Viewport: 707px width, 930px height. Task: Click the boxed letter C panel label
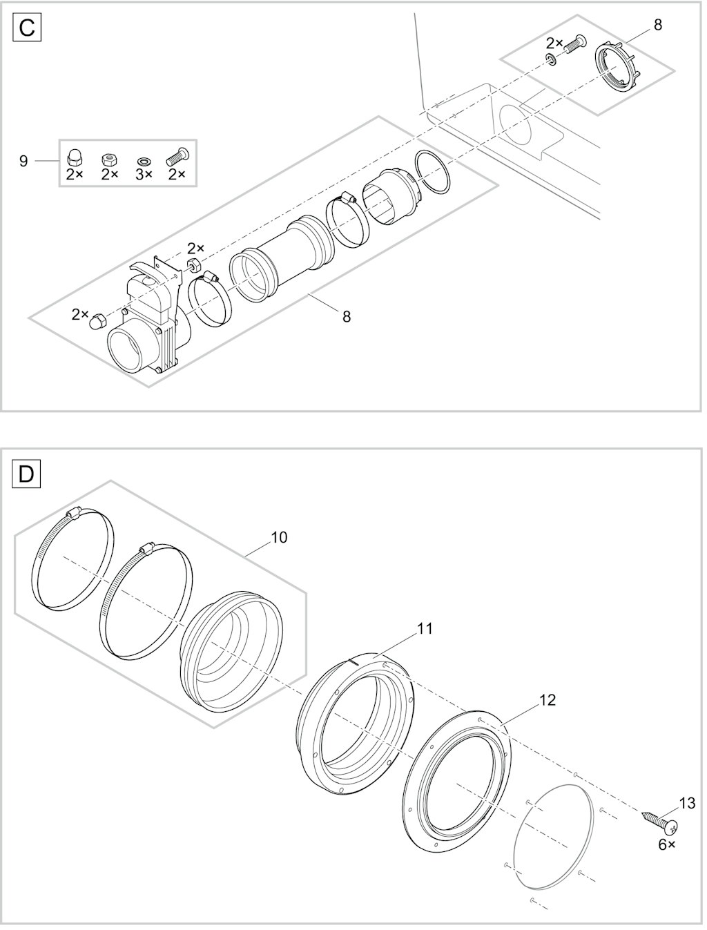[x=27, y=28]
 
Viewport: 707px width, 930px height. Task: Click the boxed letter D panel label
[x=26, y=475]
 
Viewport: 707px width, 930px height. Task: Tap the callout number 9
[x=23, y=161]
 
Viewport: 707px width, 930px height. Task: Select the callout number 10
[x=279, y=537]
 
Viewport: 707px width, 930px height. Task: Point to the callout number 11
[x=425, y=628]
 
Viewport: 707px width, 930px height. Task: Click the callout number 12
[x=547, y=700]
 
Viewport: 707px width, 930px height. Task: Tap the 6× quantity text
[x=667, y=845]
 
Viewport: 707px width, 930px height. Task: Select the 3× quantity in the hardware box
[x=144, y=174]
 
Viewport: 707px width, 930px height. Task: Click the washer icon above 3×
[x=144, y=161]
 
